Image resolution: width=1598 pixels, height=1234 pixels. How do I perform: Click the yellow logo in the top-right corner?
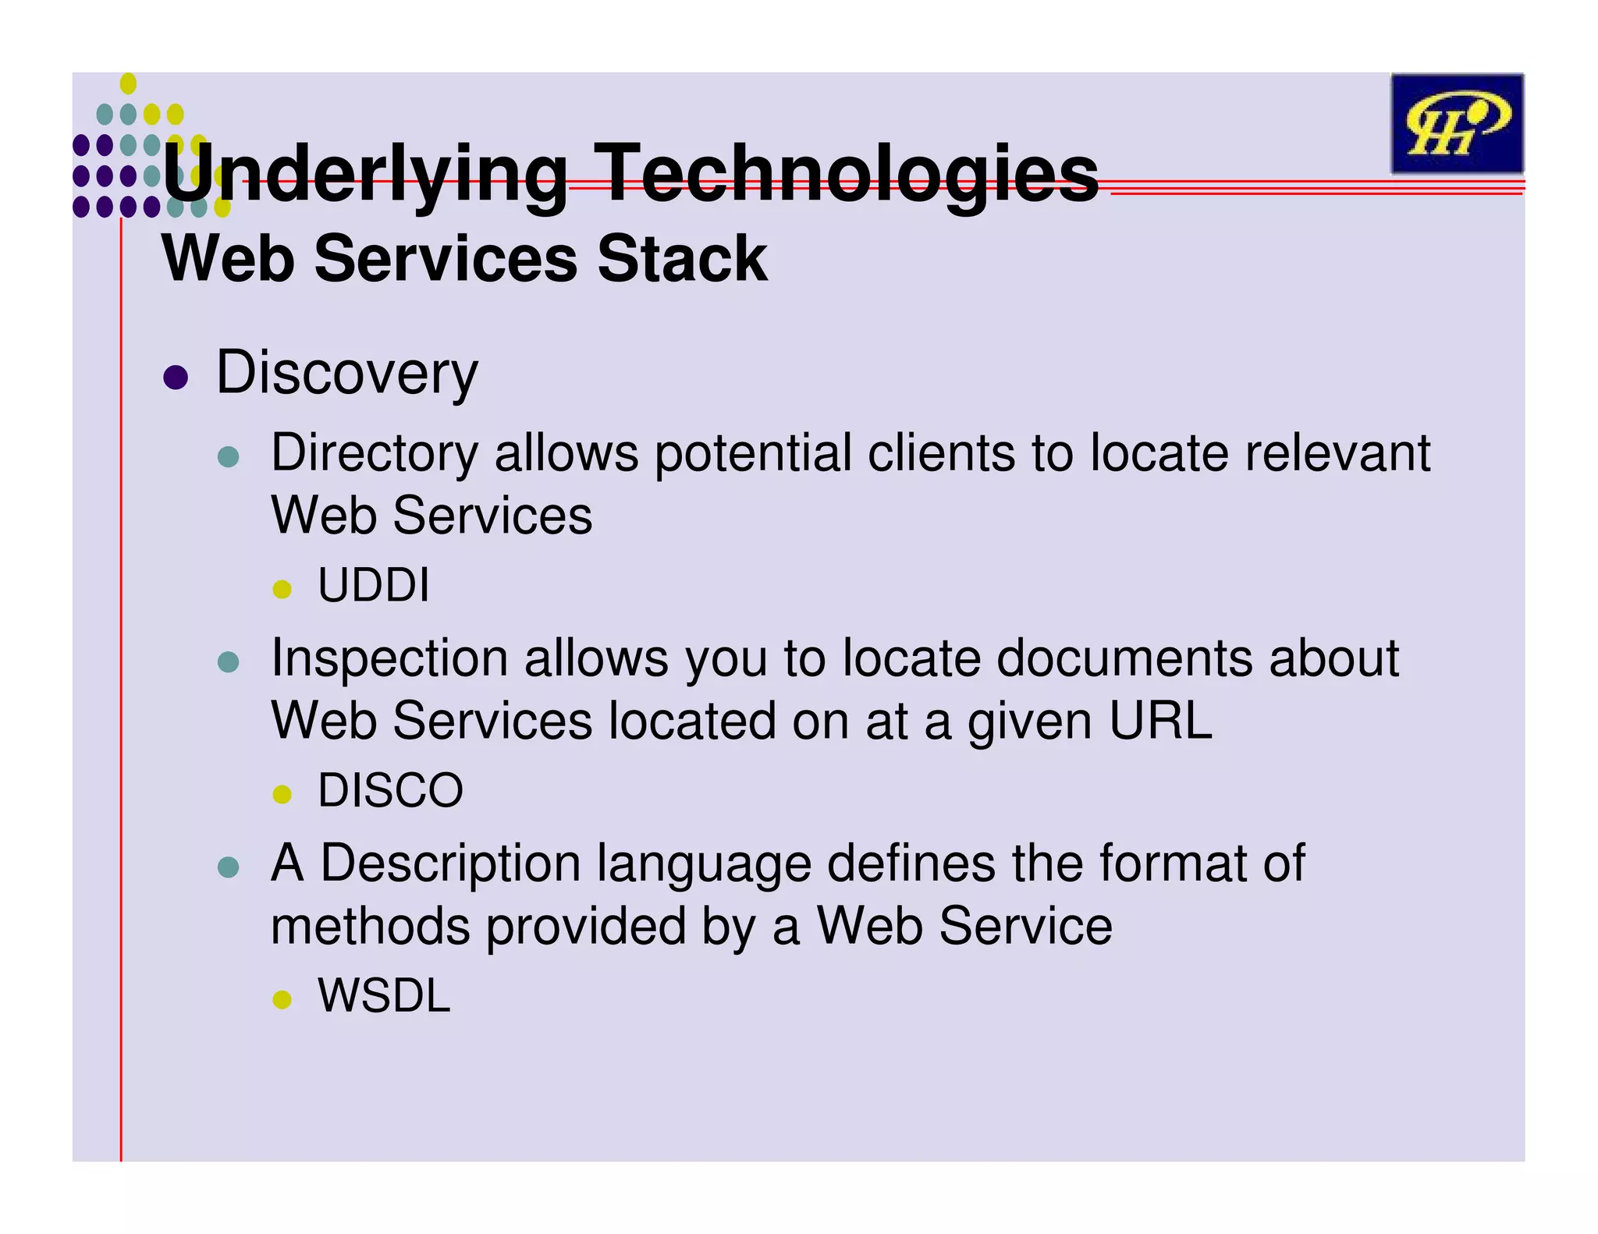[x=1456, y=123]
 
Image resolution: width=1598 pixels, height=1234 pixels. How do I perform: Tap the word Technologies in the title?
[x=849, y=174]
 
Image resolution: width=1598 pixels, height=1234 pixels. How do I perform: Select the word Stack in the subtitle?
[x=682, y=259]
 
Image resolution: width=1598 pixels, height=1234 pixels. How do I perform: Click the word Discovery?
[x=346, y=373]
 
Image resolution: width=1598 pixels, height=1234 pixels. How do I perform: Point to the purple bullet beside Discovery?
[x=176, y=378]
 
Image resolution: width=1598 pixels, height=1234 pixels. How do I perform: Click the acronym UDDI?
[x=374, y=585]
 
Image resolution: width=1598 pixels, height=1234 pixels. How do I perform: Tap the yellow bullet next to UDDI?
[x=282, y=589]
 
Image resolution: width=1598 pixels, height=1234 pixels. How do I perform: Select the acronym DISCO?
[x=390, y=790]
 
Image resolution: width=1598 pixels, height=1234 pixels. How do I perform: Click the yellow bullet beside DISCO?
[x=282, y=795]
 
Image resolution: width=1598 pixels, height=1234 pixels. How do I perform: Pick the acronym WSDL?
[x=384, y=996]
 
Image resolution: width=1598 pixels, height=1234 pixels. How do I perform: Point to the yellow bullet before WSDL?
[x=282, y=1000]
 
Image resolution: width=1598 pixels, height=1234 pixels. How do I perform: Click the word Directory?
[x=375, y=454]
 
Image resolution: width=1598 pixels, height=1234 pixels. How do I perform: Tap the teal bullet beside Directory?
[x=228, y=457]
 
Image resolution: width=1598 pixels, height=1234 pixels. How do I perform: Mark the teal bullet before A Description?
[x=228, y=867]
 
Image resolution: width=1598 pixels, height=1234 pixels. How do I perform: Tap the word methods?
[x=370, y=926]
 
